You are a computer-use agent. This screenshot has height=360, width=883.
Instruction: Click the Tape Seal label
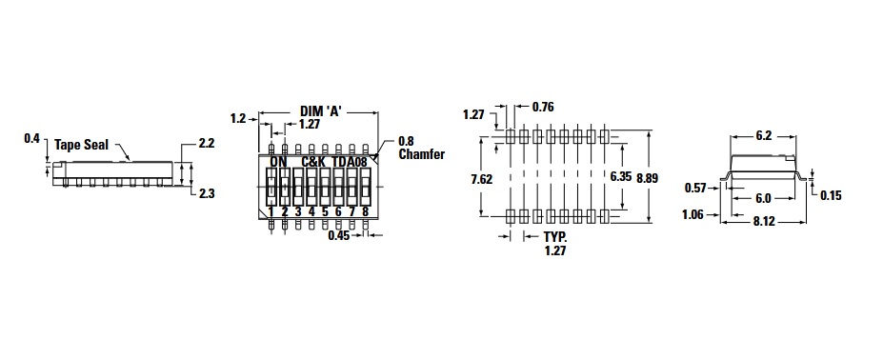[81, 145]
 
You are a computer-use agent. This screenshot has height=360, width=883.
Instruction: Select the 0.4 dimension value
[31, 137]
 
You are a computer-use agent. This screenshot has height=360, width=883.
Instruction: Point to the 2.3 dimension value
[207, 193]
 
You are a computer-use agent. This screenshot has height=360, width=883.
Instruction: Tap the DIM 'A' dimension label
[319, 111]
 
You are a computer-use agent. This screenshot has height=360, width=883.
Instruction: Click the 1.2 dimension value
[238, 118]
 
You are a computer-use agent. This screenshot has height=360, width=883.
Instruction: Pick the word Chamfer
[421, 154]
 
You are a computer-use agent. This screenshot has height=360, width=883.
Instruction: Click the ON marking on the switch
[278, 162]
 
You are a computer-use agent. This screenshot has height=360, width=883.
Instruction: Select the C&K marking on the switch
[313, 162]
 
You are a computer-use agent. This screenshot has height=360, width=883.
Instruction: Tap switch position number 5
[325, 211]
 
